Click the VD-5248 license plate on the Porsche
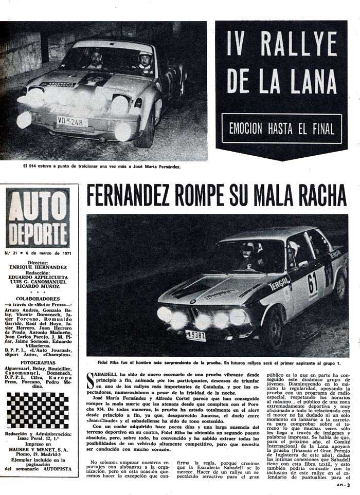(x=71, y=122)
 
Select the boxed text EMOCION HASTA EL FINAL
(x=282, y=129)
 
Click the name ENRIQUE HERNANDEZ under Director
(x=38, y=267)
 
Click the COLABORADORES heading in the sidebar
(x=38, y=299)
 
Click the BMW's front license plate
(x=196, y=336)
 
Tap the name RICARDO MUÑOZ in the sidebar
(x=38, y=285)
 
